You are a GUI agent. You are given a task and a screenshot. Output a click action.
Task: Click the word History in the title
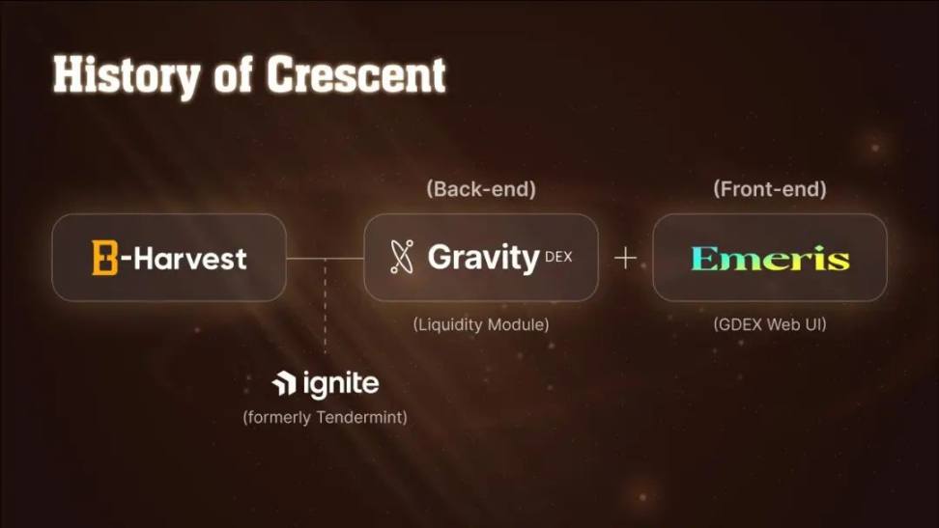pyautogui.click(x=127, y=76)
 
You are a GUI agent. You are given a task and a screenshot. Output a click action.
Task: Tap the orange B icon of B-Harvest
pyautogui.click(x=104, y=258)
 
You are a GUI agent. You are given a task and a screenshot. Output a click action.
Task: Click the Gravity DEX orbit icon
pyautogui.click(x=402, y=257)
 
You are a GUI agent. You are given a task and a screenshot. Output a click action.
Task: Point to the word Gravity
pyautogui.click(x=484, y=258)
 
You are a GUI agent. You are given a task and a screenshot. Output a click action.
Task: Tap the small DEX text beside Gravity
pyautogui.click(x=558, y=257)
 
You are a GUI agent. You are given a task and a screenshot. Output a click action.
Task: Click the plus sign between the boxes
pyautogui.click(x=625, y=258)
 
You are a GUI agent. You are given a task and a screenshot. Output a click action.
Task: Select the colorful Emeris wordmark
pyautogui.click(x=770, y=258)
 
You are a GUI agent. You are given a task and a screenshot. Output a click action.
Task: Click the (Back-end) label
pyautogui.click(x=481, y=189)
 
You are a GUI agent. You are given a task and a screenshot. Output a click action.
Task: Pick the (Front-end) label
pyautogui.click(x=770, y=189)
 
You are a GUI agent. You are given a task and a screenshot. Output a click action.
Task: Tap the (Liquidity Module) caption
pyautogui.click(x=481, y=324)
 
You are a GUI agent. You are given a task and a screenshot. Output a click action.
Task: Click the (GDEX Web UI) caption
pyautogui.click(x=770, y=324)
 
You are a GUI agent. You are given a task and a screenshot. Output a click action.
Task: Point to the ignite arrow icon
pyautogui.click(x=284, y=383)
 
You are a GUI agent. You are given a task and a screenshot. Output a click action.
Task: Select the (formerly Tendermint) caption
pyautogui.click(x=325, y=417)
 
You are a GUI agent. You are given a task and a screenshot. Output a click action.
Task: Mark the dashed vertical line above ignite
pyautogui.click(x=326, y=305)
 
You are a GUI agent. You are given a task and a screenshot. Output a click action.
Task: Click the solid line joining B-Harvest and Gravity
pyautogui.click(x=326, y=259)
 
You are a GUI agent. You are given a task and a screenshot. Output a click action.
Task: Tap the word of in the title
pyautogui.click(x=233, y=76)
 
